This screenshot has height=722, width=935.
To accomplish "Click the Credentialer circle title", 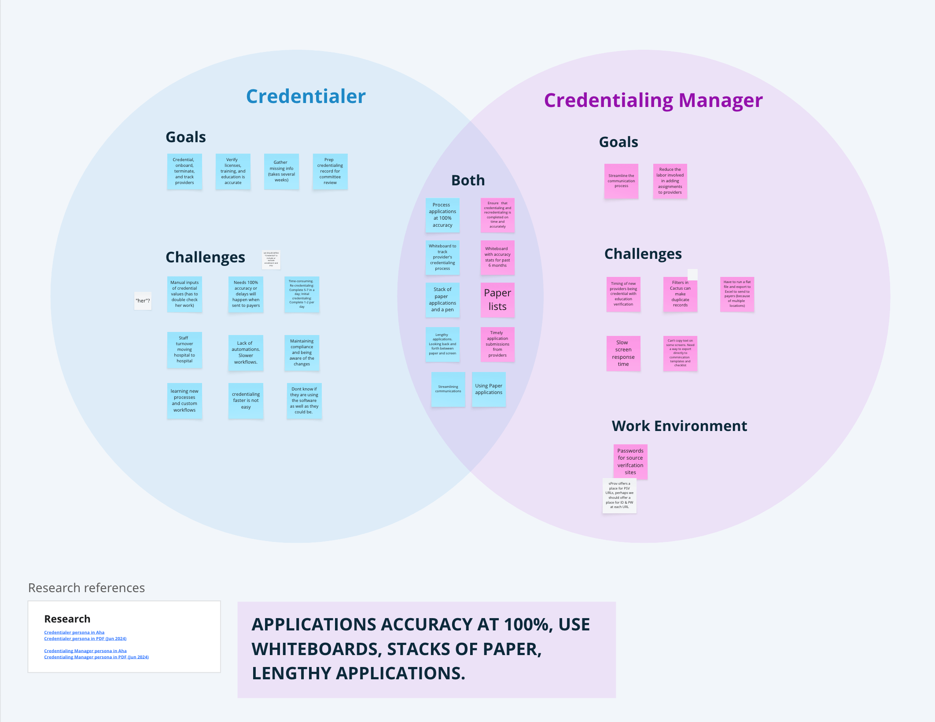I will click(306, 96).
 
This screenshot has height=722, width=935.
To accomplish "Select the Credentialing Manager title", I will click(653, 100).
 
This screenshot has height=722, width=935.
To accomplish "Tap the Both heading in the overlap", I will click(468, 180).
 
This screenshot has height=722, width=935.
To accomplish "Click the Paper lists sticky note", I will click(497, 300).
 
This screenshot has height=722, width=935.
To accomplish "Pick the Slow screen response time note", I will click(623, 353).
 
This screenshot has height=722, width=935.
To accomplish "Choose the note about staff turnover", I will click(184, 350).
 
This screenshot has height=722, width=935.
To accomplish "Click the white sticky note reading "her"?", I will click(143, 301).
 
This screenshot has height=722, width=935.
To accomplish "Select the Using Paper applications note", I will click(489, 389).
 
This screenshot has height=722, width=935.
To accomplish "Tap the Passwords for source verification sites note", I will click(630, 461).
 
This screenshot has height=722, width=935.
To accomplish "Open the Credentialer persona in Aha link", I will click(74, 632).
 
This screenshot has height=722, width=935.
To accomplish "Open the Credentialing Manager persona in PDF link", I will click(96, 657).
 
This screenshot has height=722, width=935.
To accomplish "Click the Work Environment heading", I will click(679, 426).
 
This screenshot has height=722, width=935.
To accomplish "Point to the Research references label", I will click(86, 588).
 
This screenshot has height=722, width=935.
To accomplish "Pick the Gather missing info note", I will click(281, 171).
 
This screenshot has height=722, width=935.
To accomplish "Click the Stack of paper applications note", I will click(442, 299).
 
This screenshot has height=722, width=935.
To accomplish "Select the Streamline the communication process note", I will click(621, 181).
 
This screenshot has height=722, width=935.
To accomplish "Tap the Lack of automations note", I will click(246, 353).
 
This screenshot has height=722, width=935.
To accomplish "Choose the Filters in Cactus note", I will click(680, 294).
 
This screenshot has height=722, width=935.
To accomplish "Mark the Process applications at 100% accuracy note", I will click(442, 215).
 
